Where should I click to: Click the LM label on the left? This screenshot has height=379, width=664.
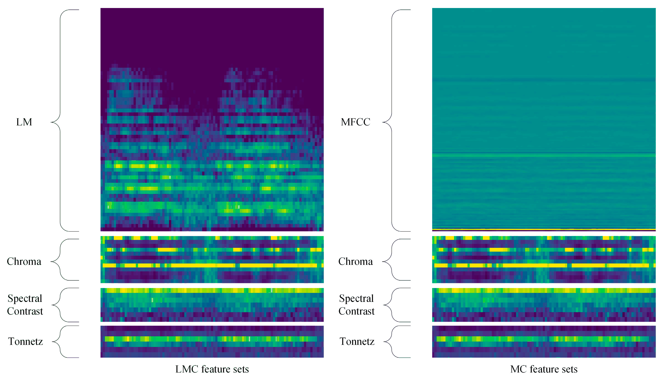(24, 122)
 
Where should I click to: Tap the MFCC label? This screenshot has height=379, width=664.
(355, 122)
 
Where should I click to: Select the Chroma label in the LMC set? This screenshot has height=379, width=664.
(24, 261)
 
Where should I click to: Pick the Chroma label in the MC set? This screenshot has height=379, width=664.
(355, 261)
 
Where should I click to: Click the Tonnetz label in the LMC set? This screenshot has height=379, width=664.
(25, 341)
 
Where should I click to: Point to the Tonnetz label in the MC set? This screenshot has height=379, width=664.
(357, 341)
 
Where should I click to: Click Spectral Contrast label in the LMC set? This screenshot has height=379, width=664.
(25, 305)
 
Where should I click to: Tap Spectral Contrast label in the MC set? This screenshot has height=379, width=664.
(356, 305)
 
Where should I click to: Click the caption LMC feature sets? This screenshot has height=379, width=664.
(212, 369)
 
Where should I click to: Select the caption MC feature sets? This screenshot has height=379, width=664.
(544, 369)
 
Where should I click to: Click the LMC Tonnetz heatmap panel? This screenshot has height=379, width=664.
(212, 341)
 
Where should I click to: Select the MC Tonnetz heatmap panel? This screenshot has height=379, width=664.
(544, 341)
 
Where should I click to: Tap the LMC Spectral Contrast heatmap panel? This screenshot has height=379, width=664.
(212, 305)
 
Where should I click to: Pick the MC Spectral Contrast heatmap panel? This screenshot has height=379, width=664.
(544, 305)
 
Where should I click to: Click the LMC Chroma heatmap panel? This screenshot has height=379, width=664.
(212, 259)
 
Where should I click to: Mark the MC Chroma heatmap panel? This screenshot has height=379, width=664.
(544, 259)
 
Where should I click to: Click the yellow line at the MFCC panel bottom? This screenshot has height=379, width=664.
(544, 230)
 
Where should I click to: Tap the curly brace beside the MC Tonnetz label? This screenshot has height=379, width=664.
(392, 341)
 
